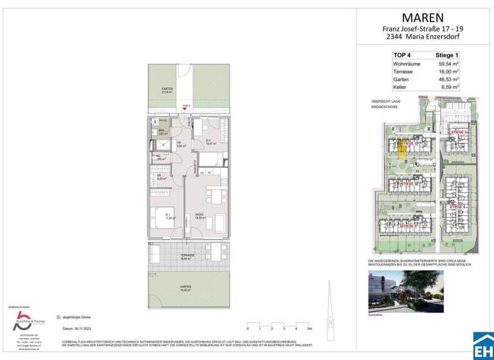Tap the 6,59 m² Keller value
(447, 87)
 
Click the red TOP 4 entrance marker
(187, 107)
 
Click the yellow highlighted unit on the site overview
(401, 150)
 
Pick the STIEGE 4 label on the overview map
(459, 207)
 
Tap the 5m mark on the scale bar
(311, 328)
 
